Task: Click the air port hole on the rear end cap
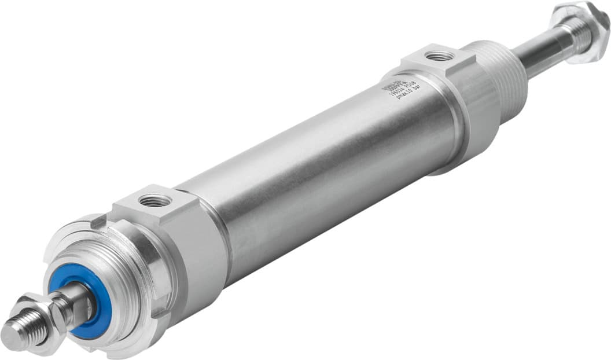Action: [439, 56]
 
